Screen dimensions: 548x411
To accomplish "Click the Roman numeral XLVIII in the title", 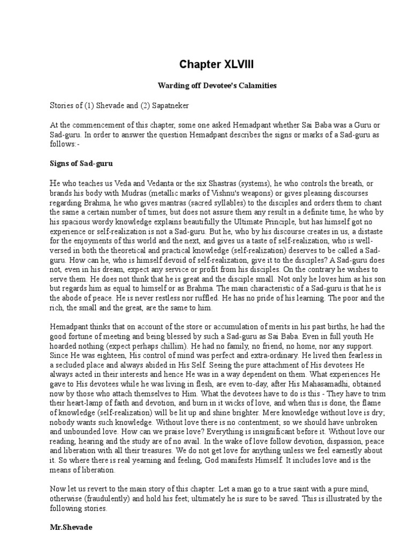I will pyautogui.click(x=232, y=65).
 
